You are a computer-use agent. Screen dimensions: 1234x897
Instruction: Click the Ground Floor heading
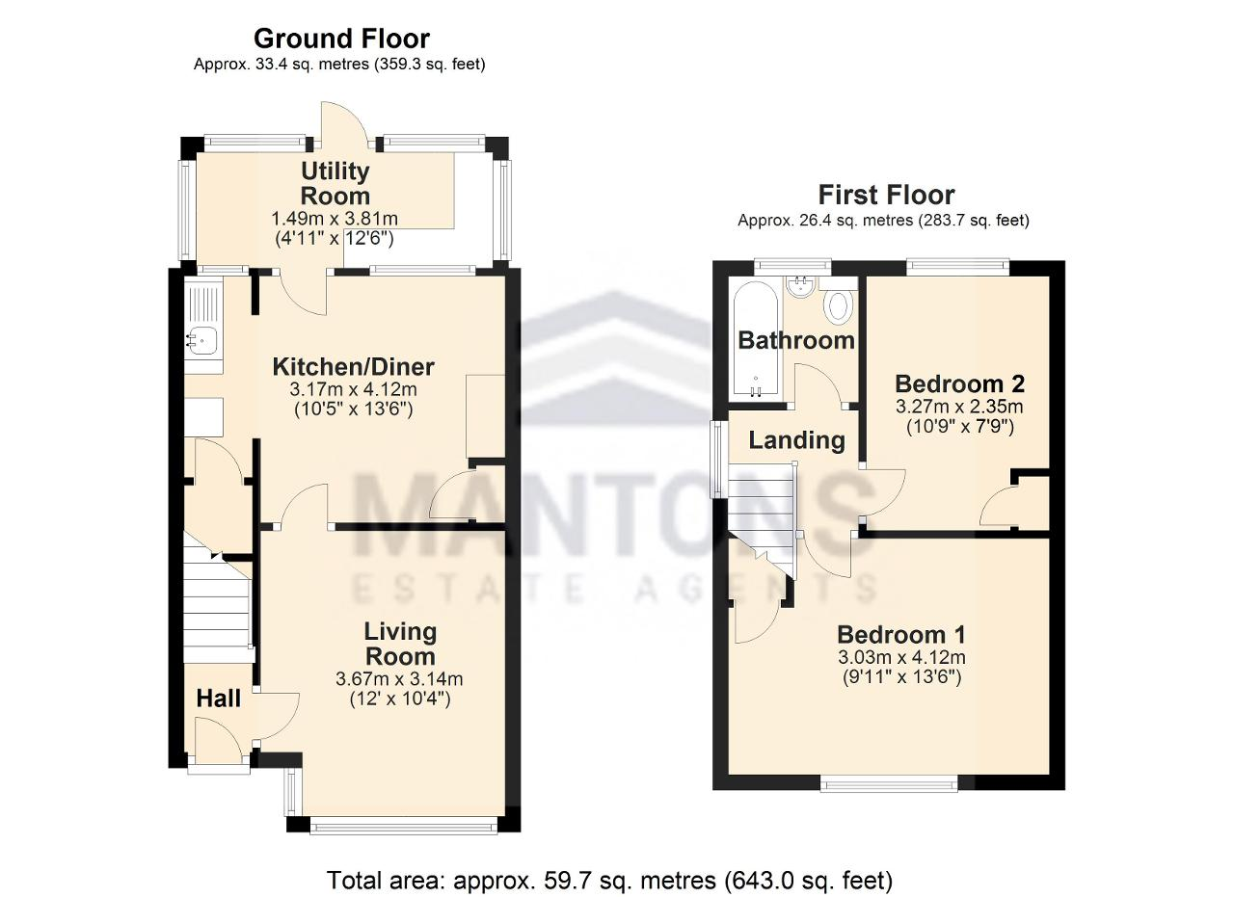341,40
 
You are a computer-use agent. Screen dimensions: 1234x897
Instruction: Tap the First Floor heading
886,195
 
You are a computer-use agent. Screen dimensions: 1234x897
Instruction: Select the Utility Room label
335,183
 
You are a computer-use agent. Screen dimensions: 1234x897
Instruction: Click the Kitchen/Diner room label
353,367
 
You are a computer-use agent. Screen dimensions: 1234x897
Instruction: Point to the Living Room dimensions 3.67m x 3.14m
399,679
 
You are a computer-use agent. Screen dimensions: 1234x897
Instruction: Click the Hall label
219,699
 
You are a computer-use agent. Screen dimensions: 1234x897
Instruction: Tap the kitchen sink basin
202,341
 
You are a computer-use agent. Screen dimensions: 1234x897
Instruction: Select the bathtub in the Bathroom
755,340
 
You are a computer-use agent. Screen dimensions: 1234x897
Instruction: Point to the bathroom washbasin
801,287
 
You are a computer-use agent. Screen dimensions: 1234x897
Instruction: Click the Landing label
796,440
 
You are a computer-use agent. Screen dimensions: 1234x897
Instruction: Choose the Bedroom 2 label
959,383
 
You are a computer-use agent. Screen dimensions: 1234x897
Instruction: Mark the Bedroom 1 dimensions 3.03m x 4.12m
901,657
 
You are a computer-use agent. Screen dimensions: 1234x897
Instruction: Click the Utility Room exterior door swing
344,125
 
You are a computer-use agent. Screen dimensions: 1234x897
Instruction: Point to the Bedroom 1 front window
889,784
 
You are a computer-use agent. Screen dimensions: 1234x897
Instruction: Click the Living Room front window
404,826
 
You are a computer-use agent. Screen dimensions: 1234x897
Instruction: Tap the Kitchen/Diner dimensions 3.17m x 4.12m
353,390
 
